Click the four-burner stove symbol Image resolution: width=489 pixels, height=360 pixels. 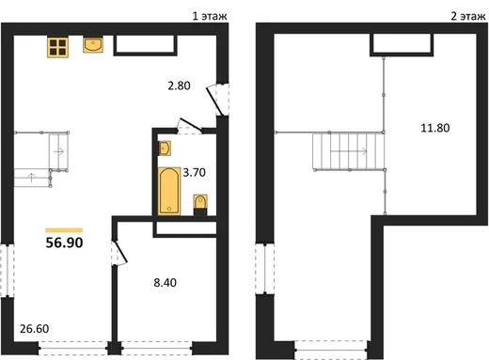pyautogui.click(x=57, y=47)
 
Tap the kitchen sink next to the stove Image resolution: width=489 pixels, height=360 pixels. pyautogui.click(x=93, y=44)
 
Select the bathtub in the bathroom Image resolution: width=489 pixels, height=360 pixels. pyautogui.click(x=169, y=192)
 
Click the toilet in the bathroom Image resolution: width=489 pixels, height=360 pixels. pyautogui.click(x=200, y=205)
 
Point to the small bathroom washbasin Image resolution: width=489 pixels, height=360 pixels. pyautogui.click(x=165, y=149)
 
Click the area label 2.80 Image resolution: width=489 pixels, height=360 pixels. pyautogui.click(x=179, y=86)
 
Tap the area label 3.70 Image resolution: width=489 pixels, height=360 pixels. pyautogui.click(x=195, y=172)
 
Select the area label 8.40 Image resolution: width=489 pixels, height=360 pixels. pyautogui.click(x=165, y=283)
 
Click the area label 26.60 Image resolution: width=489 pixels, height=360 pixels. pyautogui.click(x=35, y=329)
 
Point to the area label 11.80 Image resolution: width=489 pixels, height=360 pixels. pyautogui.click(x=435, y=128)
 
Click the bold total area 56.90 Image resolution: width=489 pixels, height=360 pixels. pyautogui.click(x=64, y=243)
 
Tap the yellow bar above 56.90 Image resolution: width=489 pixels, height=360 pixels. pyautogui.click(x=64, y=230)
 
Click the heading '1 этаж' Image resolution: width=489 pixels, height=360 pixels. pyautogui.click(x=210, y=16)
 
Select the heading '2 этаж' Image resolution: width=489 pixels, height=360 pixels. pyautogui.click(x=468, y=16)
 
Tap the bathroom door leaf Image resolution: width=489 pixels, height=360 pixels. pyautogui.click(x=190, y=124)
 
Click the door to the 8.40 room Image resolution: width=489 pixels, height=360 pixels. pyautogui.click(x=120, y=252)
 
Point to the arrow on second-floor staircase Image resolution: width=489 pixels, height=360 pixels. pyautogui.click(x=349, y=151)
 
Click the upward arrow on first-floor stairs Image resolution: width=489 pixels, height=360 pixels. pyautogui.click(x=31, y=178)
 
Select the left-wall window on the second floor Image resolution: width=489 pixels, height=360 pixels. pyautogui.click(x=265, y=269)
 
